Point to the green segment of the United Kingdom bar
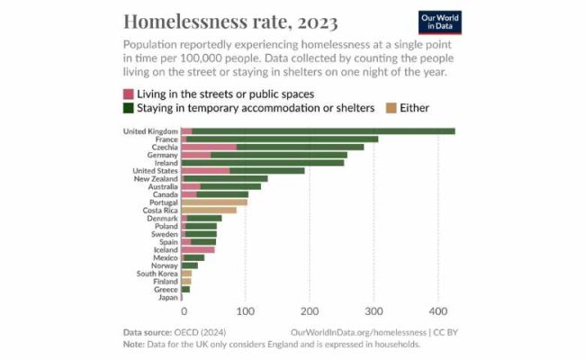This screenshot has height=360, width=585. coord(323,131)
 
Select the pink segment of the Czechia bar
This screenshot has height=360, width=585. coord(208,147)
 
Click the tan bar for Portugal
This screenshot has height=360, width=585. coord(214,202)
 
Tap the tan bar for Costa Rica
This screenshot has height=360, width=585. coord(208,210)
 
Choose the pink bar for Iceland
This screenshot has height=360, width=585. coord(198,249)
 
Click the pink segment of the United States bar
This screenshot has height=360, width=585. coord(205,170)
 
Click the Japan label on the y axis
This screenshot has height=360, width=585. coord(167,297)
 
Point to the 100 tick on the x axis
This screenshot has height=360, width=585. coord(245,311)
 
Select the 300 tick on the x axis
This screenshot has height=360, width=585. coord(373,311)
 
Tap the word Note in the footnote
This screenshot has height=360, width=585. coord(134,344)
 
